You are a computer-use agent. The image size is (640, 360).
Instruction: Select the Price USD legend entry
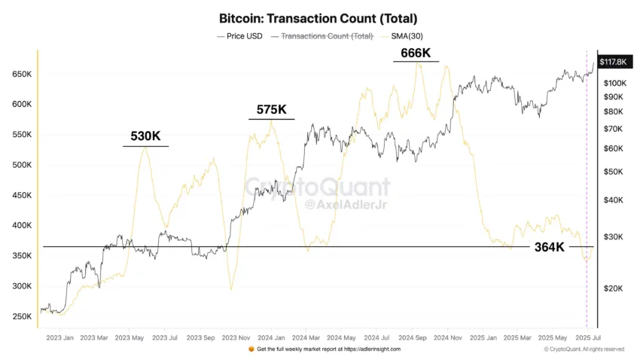point(245,35)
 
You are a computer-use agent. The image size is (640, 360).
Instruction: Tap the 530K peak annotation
point(145,136)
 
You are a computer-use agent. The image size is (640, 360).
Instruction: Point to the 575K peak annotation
point(271,110)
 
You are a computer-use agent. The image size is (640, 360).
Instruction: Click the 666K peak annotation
point(416,53)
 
